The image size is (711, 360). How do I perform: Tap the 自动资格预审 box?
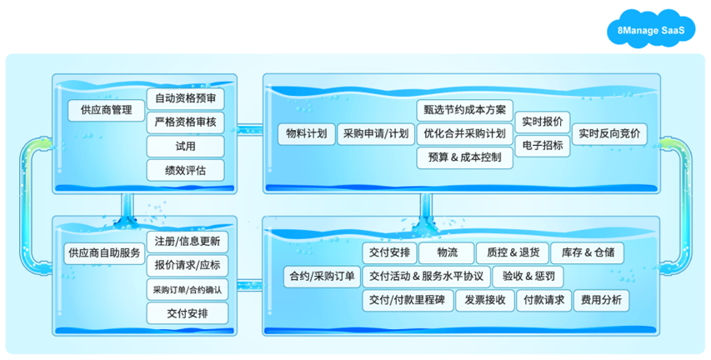click(185, 98)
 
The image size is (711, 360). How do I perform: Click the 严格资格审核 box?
click(185, 122)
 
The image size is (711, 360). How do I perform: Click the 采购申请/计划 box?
click(375, 133)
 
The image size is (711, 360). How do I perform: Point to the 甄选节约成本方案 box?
click(463, 110)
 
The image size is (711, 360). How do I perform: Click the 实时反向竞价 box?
click(609, 133)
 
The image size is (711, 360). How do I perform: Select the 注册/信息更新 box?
click(188, 242)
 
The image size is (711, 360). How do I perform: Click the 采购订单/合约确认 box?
click(188, 290)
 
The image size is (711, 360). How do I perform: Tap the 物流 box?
click(443, 252)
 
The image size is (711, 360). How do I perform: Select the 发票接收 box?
click(484, 301)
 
